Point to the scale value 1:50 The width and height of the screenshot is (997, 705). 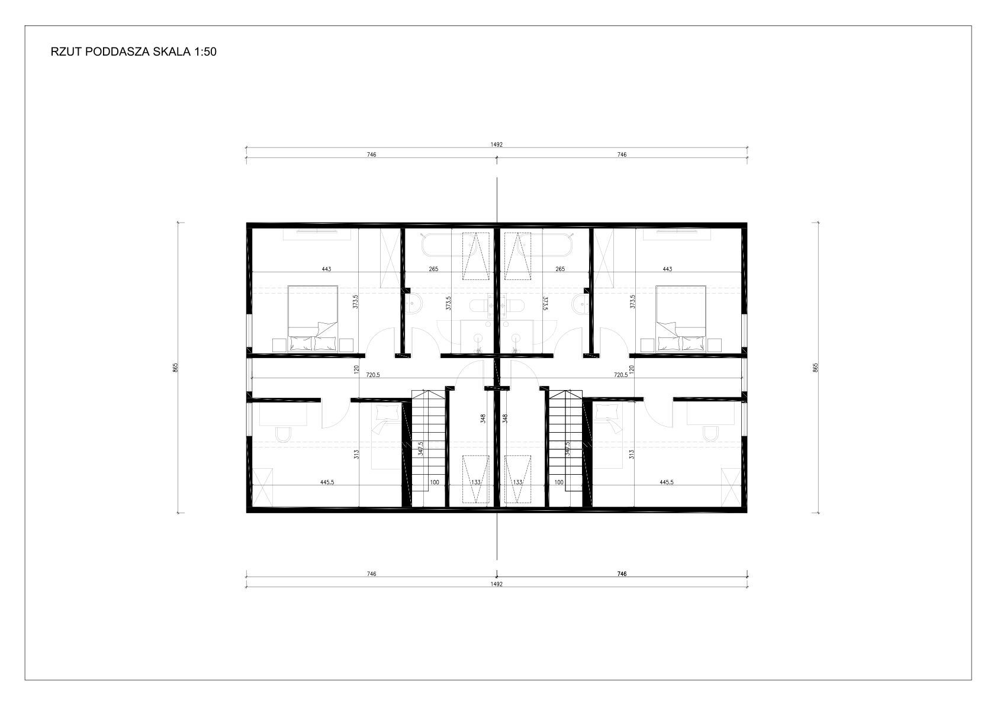click(x=205, y=52)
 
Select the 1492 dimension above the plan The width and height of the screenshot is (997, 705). click(x=497, y=144)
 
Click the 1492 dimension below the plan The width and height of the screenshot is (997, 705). click(x=497, y=584)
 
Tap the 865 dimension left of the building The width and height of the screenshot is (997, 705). click(x=175, y=368)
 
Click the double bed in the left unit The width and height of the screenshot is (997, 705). click(x=313, y=318)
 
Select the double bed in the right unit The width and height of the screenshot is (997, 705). click(x=680, y=318)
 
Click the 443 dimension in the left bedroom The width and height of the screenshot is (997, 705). click(x=326, y=269)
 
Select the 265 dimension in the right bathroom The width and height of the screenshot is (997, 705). click(x=560, y=269)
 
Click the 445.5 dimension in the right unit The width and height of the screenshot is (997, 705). click(x=666, y=482)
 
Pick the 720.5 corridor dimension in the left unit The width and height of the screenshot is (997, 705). click(x=373, y=375)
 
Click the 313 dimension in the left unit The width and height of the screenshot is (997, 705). click(x=356, y=455)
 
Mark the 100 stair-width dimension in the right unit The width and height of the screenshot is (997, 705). click(x=559, y=482)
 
